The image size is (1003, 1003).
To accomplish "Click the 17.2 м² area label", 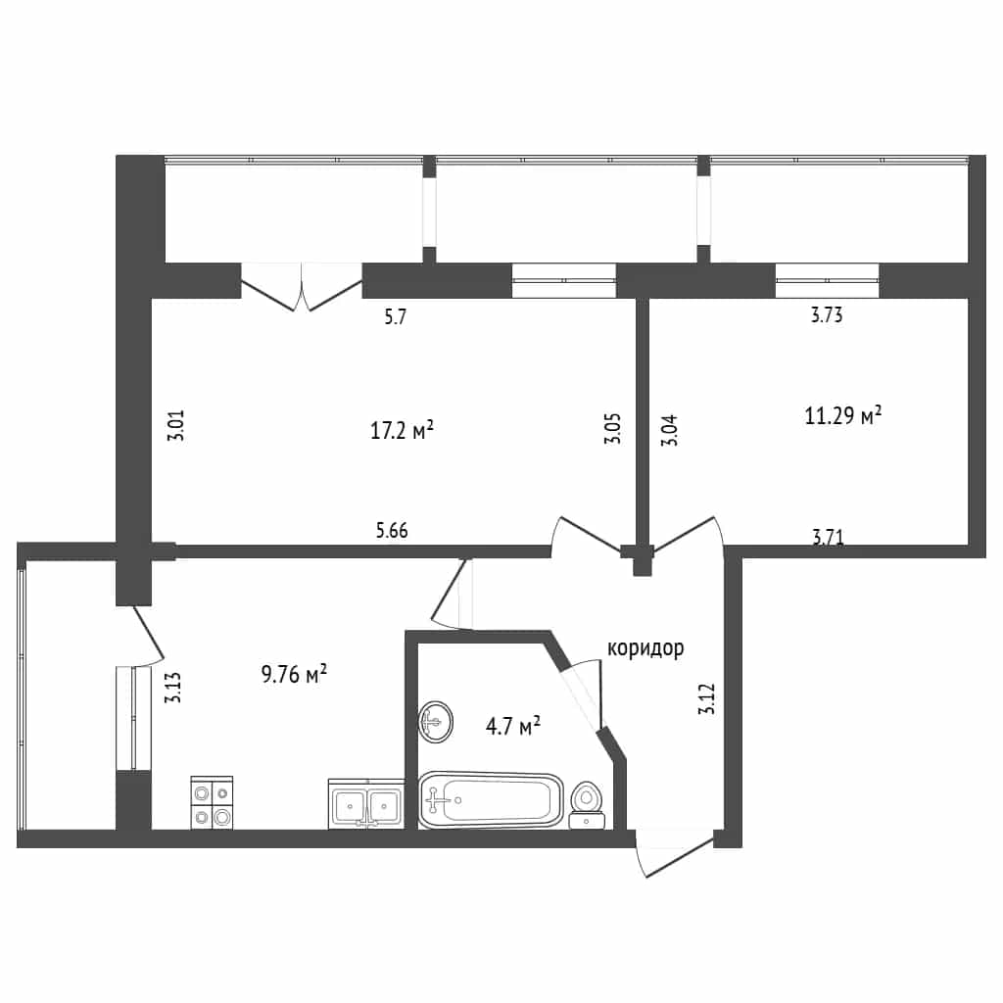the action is (402, 430).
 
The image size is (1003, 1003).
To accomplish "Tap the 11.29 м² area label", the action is (843, 415).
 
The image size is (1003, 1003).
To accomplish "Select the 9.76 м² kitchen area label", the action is (294, 674).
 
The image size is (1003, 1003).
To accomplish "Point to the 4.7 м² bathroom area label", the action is (513, 726).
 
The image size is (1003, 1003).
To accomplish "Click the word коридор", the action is (645, 648).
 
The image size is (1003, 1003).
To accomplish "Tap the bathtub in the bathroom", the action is (492, 799).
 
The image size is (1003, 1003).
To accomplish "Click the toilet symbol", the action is (587, 805).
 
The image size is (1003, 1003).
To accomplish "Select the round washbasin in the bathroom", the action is (436, 722).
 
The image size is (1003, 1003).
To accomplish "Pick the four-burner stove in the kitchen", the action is (212, 803).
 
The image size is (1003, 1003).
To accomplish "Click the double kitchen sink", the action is (366, 804).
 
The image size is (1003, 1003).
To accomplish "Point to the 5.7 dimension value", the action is (396, 316).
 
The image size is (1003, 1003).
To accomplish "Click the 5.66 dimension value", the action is (392, 530).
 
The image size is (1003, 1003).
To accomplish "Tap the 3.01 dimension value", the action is (175, 425).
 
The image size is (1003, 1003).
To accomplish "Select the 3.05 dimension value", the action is (612, 429).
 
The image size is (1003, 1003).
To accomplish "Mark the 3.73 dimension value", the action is (827, 314).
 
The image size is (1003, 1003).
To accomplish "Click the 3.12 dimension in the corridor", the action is (707, 699).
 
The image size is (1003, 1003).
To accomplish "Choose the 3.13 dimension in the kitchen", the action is (172, 688).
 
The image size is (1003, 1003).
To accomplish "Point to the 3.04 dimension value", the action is (668, 431).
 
